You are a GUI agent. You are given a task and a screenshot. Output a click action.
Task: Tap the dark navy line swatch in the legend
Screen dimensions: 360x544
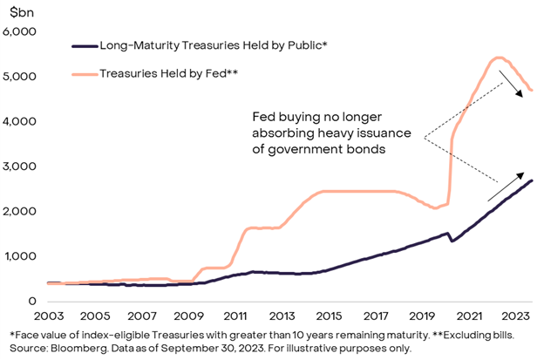click(81, 44)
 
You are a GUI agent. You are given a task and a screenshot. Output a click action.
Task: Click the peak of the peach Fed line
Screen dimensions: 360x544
click(497, 58)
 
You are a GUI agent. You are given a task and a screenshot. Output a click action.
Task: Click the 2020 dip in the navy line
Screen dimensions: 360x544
click(452, 240)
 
